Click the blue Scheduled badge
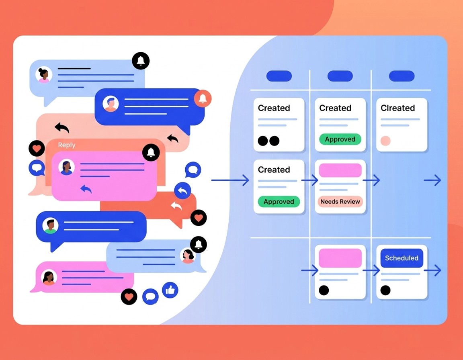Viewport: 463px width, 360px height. (x=402, y=258)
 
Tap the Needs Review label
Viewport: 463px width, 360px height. (x=340, y=202)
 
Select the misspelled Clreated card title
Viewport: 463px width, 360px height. (x=398, y=108)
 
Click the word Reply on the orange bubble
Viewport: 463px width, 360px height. (x=66, y=145)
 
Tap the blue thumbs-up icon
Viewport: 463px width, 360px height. (x=170, y=290)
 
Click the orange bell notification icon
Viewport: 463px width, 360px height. (x=203, y=98)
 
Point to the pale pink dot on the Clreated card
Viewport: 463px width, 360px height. (x=385, y=141)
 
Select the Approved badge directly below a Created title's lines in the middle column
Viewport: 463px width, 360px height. (x=340, y=139)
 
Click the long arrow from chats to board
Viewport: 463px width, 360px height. (x=230, y=180)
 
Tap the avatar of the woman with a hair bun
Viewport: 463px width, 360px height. (x=44, y=75)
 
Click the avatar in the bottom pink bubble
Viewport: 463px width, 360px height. (x=49, y=277)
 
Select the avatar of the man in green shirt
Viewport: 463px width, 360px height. (x=50, y=226)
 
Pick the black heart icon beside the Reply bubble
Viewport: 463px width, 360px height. (x=37, y=148)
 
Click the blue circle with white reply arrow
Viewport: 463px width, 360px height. (x=182, y=190)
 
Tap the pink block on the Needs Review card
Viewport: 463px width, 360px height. (x=340, y=170)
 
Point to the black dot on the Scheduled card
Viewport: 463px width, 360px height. (x=385, y=290)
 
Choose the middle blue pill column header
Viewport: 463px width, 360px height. (x=340, y=76)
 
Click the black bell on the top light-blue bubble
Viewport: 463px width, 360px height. (x=141, y=61)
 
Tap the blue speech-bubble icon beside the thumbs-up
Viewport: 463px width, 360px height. (x=150, y=296)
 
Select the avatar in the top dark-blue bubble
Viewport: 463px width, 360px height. (x=111, y=104)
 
